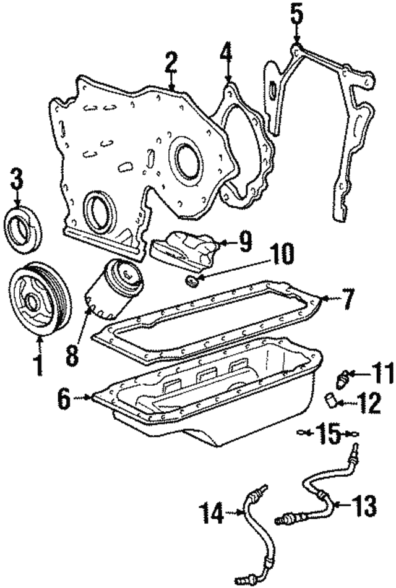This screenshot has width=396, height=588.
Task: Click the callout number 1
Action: coord(38,362)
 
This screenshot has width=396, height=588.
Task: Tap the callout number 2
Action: coord(171,64)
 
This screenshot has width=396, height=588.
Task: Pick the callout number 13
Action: coord(362,506)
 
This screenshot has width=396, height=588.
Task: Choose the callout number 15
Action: coord(328,433)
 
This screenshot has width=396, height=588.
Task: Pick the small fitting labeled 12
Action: coord(332,403)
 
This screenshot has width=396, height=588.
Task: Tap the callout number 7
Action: coord(347,301)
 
